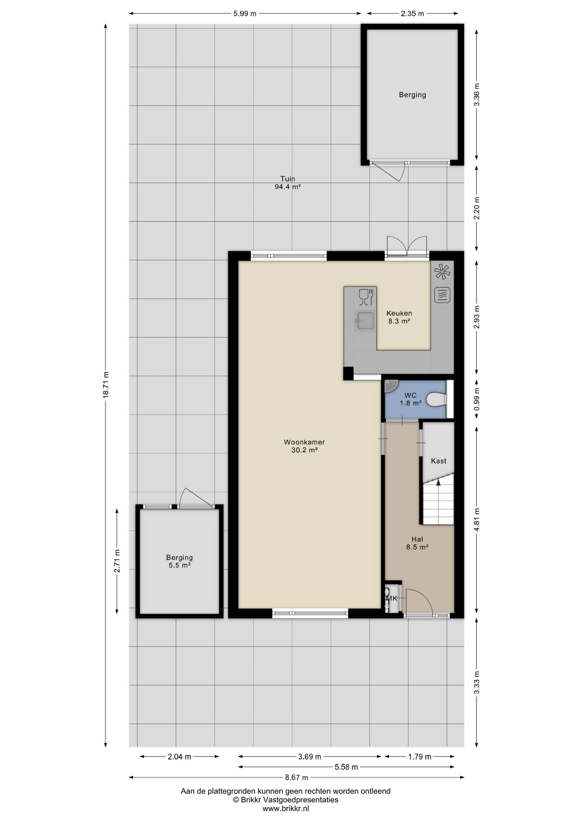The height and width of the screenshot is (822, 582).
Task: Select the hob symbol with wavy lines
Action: pos(442,295)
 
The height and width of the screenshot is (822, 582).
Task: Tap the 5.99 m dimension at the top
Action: pos(245,14)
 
